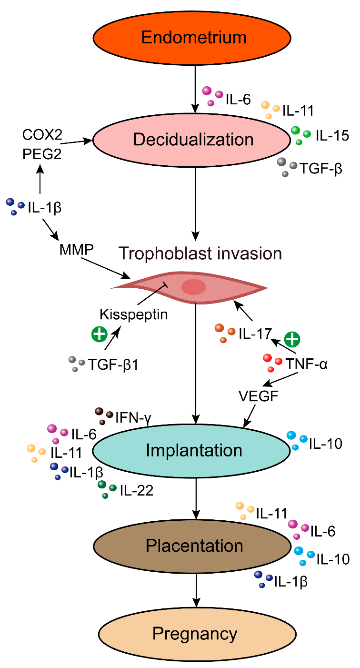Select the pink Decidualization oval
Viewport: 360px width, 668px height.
pyautogui.click(x=193, y=140)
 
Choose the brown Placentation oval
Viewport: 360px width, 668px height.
pyautogui.click(x=194, y=546)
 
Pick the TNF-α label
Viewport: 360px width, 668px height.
pyautogui.click(x=307, y=365)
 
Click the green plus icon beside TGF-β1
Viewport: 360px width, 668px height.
pyautogui.click(x=99, y=335)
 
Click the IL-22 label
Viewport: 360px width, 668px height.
pyautogui.click(x=136, y=490)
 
